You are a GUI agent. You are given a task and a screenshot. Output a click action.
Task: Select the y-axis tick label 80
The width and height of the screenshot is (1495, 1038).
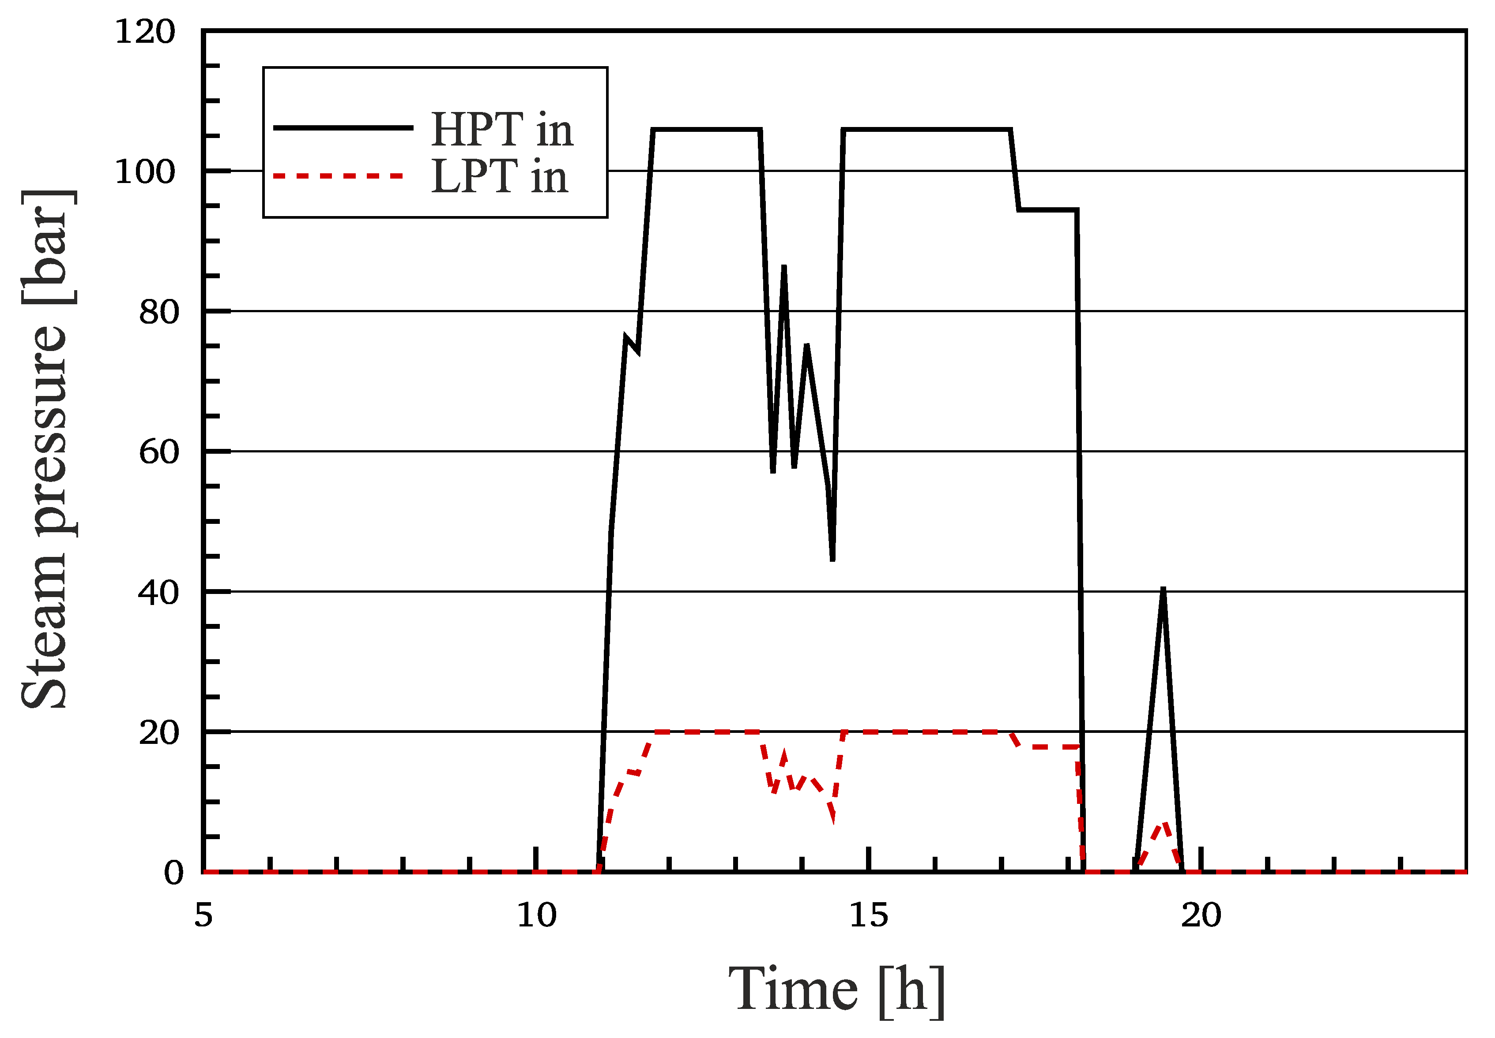click(158, 312)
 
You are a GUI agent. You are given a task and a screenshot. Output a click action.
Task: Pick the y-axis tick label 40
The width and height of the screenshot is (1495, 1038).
click(158, 593)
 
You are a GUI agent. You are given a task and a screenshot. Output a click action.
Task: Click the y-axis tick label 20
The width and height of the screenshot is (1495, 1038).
click(158, 733)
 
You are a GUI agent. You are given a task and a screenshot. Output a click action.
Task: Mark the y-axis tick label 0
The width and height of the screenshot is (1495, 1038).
click(173, 873)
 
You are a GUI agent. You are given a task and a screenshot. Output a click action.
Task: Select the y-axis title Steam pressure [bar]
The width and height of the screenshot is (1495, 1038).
click(44, 449)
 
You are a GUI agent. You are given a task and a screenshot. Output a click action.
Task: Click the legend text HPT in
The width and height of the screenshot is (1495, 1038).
click(501, 130)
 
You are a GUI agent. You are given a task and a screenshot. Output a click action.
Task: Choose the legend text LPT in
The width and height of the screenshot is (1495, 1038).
click(499, 176)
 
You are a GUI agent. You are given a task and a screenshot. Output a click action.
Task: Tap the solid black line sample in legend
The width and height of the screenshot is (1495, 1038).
click(343, 127)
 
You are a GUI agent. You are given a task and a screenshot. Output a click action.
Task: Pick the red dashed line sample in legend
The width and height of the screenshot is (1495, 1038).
click(339, 175)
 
